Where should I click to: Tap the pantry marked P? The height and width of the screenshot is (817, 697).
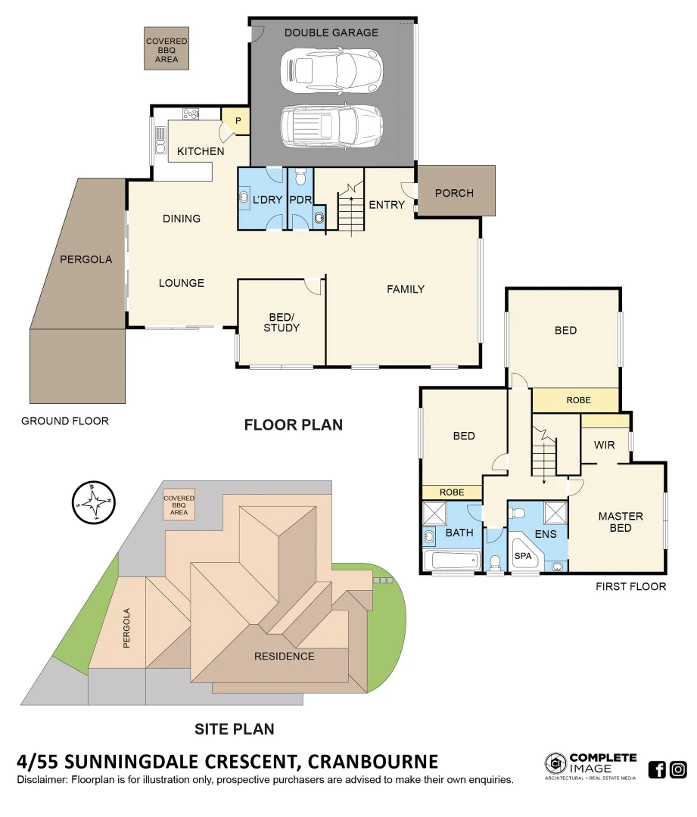(236, 121)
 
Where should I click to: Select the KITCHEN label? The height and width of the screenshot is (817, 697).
(201, 151)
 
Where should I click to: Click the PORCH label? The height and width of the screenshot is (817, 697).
(454, 193)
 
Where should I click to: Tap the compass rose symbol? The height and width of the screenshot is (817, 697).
(93, 502)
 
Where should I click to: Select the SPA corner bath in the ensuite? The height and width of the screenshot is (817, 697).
(524, 556)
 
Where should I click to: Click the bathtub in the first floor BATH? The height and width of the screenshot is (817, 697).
(452, 561)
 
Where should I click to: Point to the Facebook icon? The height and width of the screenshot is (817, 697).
(657, 770)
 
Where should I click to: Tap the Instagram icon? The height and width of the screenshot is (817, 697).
(678, 770)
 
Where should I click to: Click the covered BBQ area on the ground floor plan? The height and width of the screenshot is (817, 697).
(166, 49)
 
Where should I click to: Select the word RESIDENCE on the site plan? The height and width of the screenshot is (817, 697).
(284, 656)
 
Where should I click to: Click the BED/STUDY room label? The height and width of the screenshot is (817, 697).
(282, 322)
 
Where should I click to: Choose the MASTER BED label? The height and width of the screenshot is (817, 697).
(621, 522)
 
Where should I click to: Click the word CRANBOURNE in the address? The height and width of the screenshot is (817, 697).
(366, 761)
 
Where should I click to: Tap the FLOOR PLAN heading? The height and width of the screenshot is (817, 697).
(293, 425)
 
